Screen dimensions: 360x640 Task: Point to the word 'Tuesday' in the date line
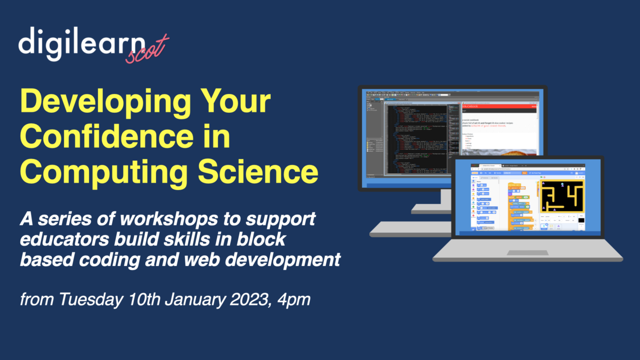point(90,299)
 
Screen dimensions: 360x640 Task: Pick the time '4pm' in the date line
point(293,300)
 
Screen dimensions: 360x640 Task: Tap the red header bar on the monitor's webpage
point(498,106)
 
